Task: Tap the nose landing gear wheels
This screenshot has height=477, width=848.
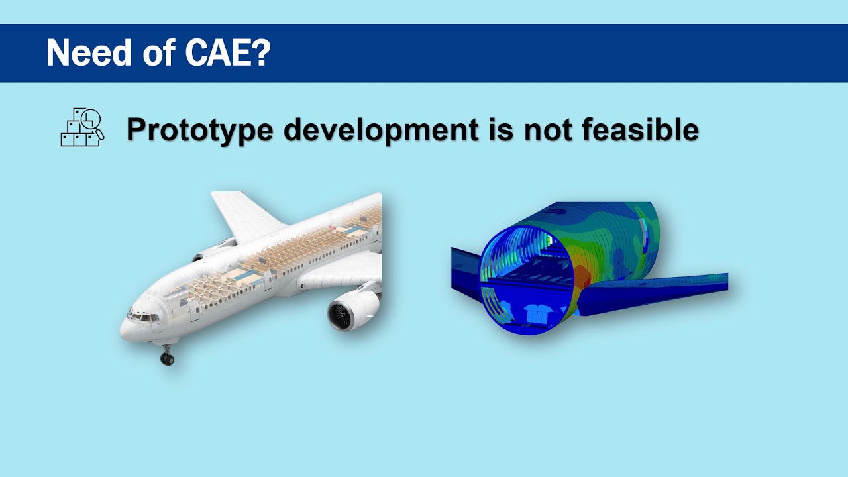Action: click(167, 358)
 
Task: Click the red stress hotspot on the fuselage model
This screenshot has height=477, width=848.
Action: click(583, 276)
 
